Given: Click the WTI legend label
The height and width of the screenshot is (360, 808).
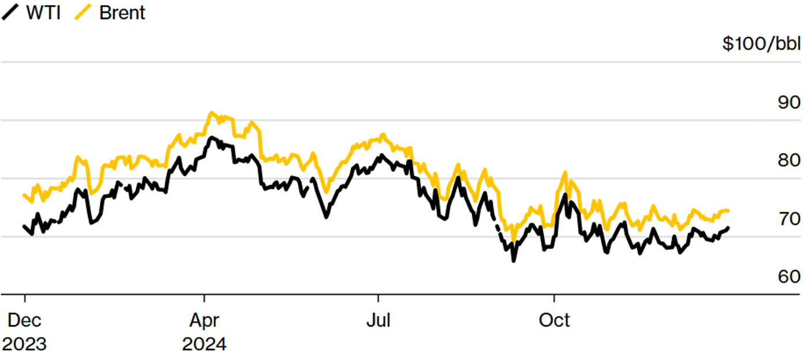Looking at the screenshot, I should (x=43, y=13).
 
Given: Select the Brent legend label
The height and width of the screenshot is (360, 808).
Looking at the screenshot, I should (x=122, y=13).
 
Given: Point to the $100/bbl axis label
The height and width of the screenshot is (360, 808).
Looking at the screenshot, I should (x=761, y=44).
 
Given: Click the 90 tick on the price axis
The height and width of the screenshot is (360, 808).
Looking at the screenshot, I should (x=789, y=103).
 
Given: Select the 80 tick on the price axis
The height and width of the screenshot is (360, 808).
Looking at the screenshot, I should (x=789, y=161).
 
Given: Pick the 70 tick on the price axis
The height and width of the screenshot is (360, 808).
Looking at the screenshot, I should (x=789, y=219).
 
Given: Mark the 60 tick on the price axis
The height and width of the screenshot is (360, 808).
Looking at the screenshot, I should (x=789, y=277).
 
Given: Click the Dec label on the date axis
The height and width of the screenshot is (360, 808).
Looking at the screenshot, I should (x=24, y=320).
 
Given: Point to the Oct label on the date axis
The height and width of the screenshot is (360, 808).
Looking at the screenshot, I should (x=554, y=320).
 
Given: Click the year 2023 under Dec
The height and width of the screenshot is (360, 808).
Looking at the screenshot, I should (x=24, y=344).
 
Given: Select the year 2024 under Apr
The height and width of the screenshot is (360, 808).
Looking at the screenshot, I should (x=204, y=344).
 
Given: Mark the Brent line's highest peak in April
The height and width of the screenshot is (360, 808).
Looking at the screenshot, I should (x=211, y=112).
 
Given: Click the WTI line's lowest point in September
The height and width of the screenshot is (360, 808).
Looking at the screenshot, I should (x=513, y=261).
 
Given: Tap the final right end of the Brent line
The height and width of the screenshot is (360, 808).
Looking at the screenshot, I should (x=728, y=211).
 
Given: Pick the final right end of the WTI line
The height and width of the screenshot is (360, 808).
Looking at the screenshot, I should (x=728, y=228).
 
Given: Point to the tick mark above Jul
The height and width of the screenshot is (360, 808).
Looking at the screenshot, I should (x=378, y=298).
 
